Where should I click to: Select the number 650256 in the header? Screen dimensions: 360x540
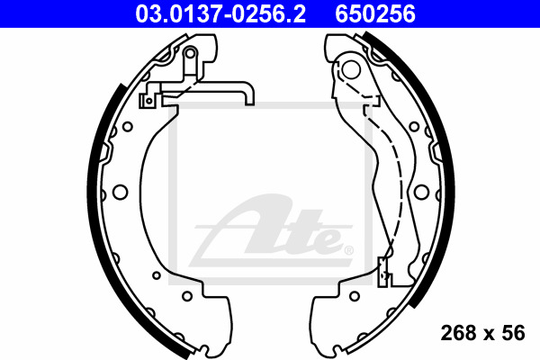click(x=381, y=12)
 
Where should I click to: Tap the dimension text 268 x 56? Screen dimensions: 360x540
click(x=482, y=333)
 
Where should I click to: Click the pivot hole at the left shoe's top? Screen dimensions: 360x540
click(x=191, y=58)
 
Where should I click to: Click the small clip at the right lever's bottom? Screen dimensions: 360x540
click(x=382, y=269)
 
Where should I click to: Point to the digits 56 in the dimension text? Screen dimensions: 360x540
click(x=513, y=333)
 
